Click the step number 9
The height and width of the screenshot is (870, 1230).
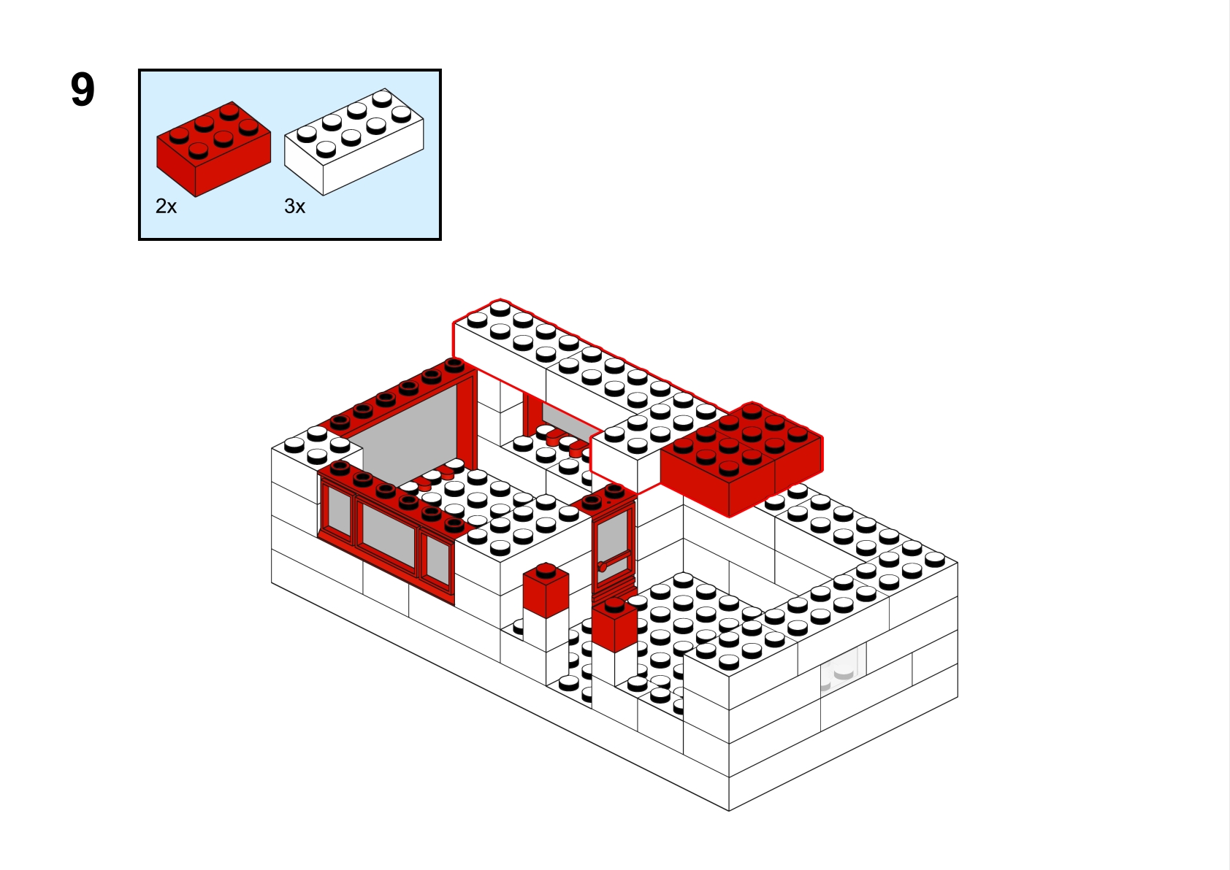(83, 90)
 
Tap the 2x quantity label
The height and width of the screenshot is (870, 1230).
(166, 207)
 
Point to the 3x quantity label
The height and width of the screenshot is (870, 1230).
(295, 207)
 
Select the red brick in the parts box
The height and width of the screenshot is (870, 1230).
(213, 149)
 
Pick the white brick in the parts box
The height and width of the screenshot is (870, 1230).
(354, 142)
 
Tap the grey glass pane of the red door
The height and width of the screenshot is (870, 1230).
(613, 544)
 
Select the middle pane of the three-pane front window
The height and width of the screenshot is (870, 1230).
(389, 534)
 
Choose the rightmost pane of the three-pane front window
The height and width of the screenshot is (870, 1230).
(438, 561)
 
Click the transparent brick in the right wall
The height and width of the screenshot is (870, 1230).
(843, 666)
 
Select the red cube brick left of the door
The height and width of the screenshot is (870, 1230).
(546, 590)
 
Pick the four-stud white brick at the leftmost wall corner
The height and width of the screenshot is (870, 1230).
(317, 444)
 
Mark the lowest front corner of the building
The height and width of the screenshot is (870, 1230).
(729, 810)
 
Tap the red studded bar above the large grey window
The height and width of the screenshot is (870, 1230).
(397, 393)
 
